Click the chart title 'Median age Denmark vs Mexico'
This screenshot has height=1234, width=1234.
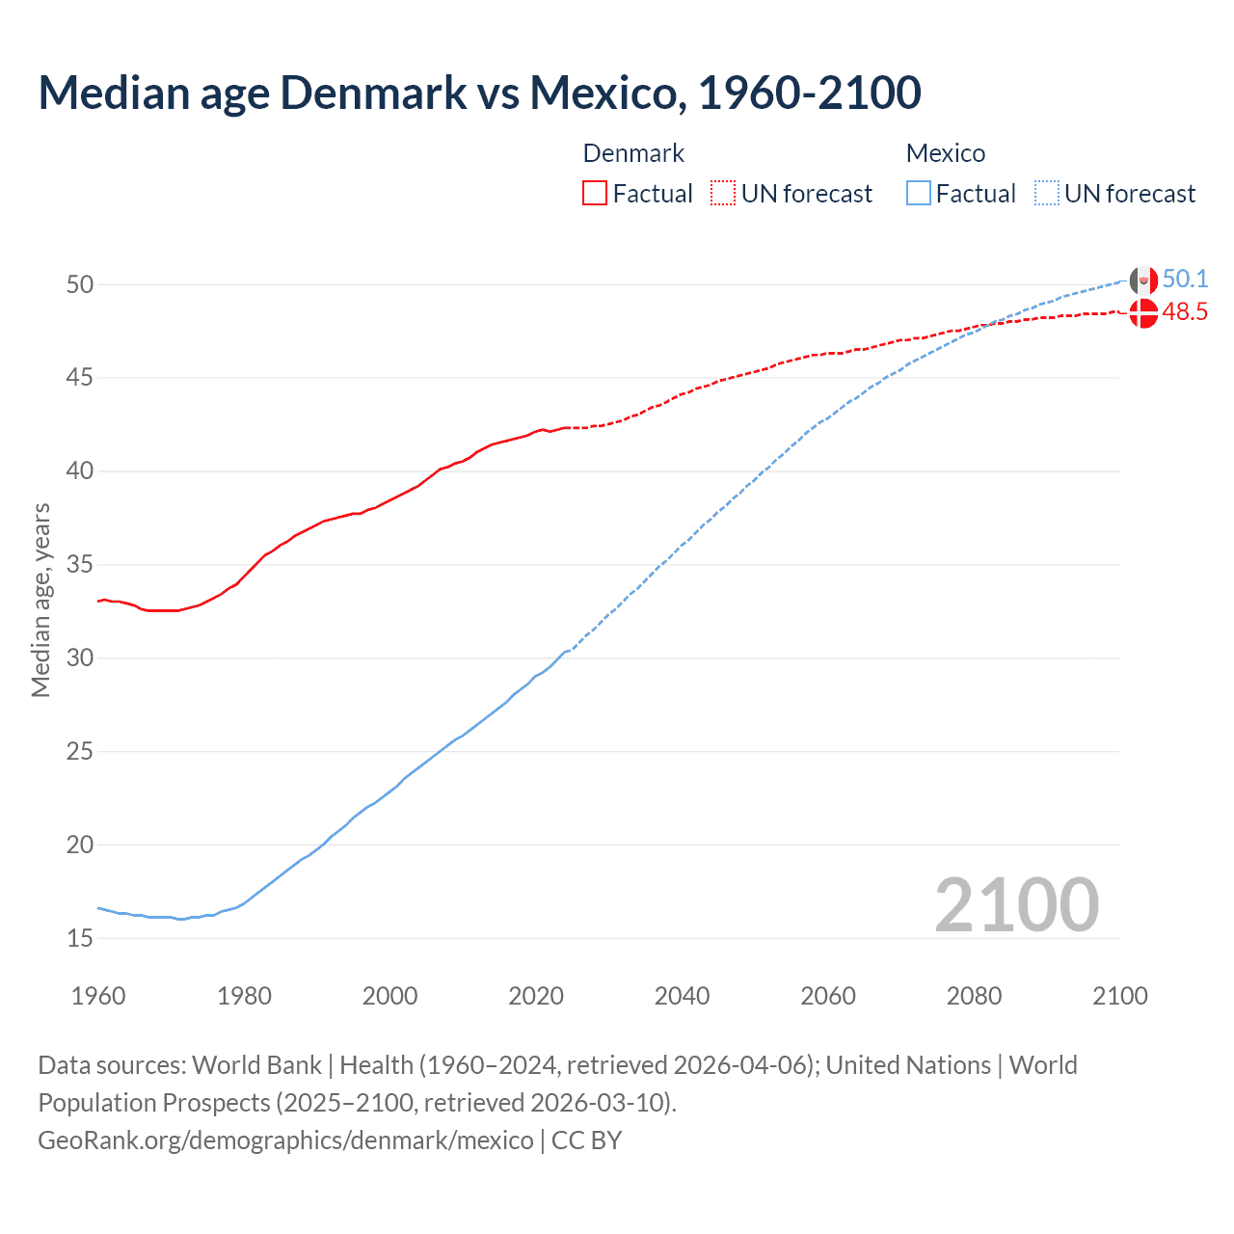click(x=479, y=93)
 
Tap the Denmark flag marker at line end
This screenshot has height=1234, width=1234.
click(x=1143, y=313)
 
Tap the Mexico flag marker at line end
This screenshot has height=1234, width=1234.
click(x=1143, y=281)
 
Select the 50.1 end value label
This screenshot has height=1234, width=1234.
click(x=1185, y=280)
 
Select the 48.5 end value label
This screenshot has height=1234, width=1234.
click(x=1185, y=312)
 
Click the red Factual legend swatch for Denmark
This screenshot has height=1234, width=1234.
click(x=595, y=194)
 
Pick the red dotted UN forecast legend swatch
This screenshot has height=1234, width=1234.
click(x=723, y=194)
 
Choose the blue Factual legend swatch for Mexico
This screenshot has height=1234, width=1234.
click(x=919, y=194)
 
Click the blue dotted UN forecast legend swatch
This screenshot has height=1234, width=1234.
click(x=1047, y=194)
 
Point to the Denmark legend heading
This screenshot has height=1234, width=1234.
click(x=633, y=153)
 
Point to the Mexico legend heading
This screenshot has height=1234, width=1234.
click(x=946, y=153)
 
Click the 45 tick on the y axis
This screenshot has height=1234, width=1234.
click(x=80, y=378)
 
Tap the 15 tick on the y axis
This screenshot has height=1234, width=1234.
click(x=80, y=938)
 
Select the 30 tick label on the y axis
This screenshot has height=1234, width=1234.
click(x=80, y=658)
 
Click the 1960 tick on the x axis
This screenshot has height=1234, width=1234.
click(x=98, y=996)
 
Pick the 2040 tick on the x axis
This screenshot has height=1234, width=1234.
click(x=682, y=996)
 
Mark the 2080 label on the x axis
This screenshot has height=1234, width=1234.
click(x=974, y=996)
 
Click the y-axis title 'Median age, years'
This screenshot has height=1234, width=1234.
click(x=40, y=600)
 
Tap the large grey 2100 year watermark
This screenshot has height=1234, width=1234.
click(x=1017, y=905)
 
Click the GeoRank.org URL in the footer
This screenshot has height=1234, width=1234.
click(x=285, y=1140)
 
